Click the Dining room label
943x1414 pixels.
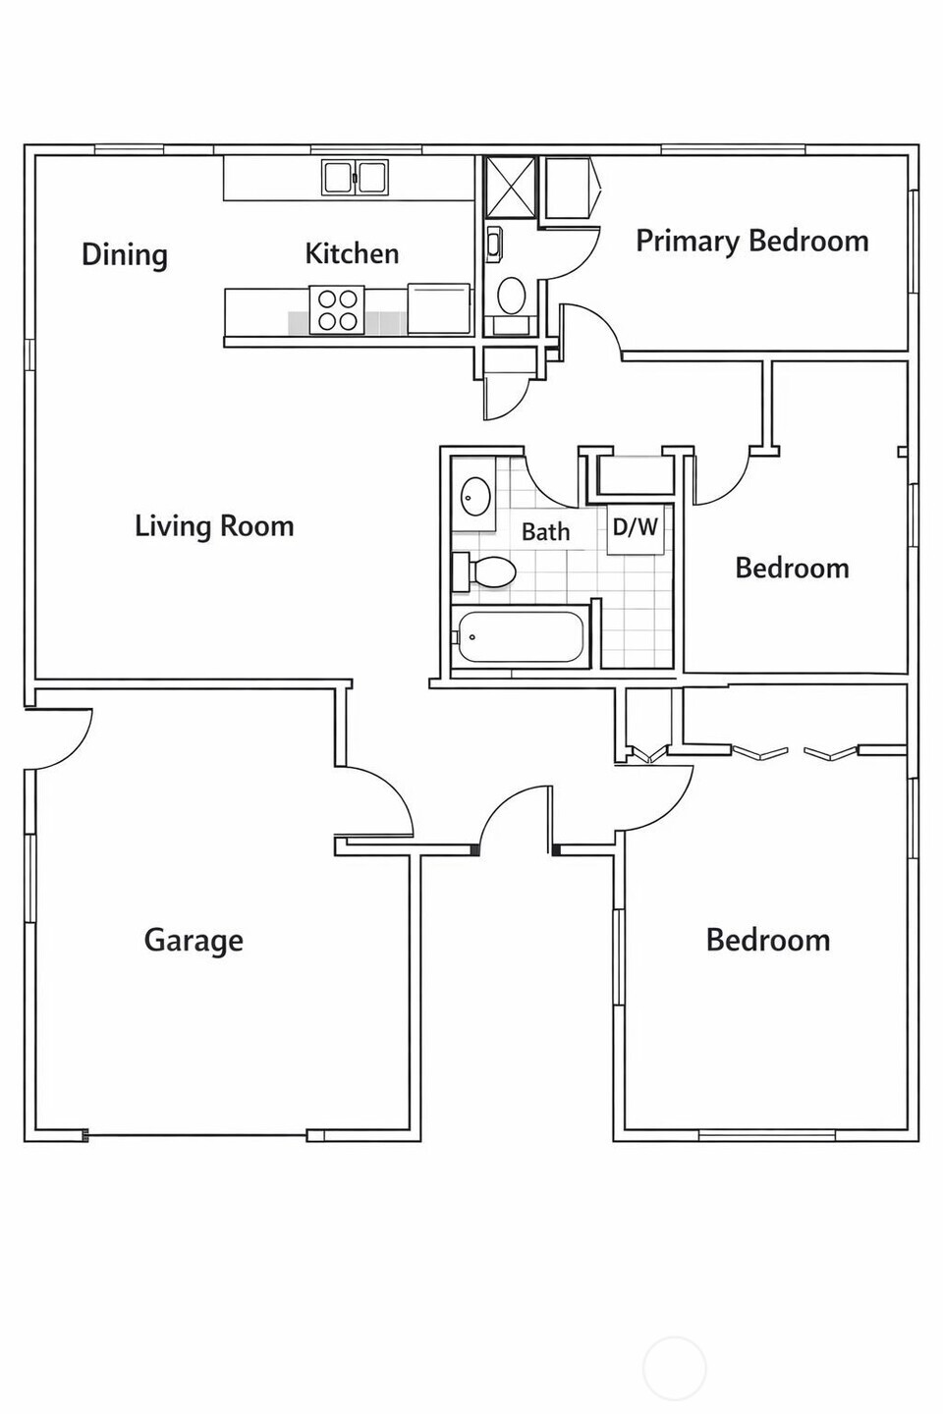tap(124, 255)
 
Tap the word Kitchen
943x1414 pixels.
tap(352, 253)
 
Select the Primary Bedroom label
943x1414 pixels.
tap(751, 242)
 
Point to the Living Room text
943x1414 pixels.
tap(214, 526)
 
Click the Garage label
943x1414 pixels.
tap(194, 941)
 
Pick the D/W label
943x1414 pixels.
tap(635, 527)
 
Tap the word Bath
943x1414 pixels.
tap(545, 532)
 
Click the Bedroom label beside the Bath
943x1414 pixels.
tap(792, 569)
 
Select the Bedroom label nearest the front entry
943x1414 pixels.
tap(767, 941)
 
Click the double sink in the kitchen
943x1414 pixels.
tap(355, 178)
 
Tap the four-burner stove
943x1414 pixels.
tap(337, 310)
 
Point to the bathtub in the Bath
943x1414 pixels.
tap(520, 637)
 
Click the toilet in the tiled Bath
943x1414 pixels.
tap(485, 571)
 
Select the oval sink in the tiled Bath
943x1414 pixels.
tap(476, 497)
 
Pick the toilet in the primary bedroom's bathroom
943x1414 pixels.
tap(511, 294)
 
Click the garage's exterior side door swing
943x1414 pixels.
tap(61, 736)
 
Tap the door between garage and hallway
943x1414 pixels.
tap(378, 800)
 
